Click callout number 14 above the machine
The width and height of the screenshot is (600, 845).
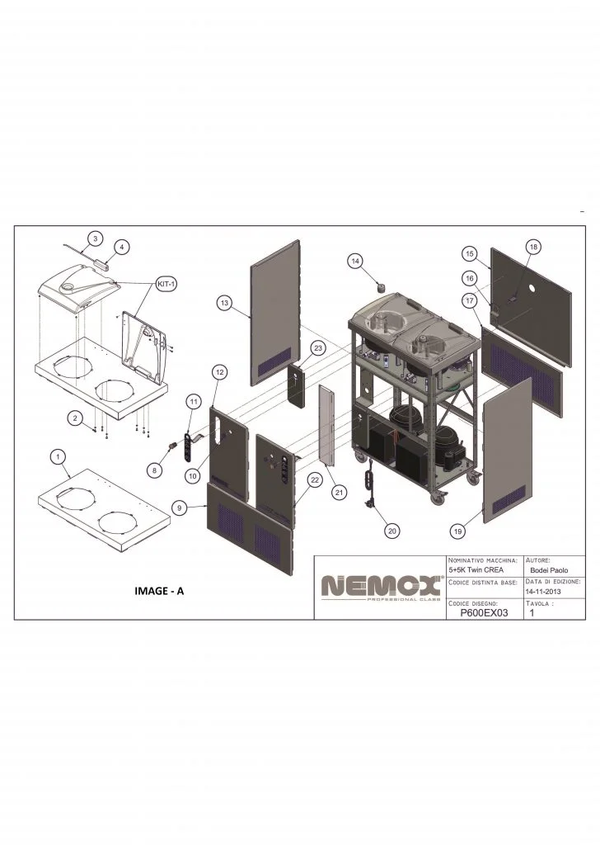coord(355,262)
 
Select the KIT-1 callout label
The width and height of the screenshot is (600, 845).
coord(166,284)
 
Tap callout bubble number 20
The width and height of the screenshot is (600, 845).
coord(392,531)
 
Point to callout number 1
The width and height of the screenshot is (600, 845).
coord(58,457)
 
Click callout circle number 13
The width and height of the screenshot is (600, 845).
coord(224,303)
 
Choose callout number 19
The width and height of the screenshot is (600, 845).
coord(458,531)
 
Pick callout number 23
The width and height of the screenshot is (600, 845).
coord(318,348)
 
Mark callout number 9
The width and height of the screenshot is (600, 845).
coord(180,507)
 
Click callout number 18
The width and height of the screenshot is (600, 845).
coord(533,247)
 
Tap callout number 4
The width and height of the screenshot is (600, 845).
coord(122,247)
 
